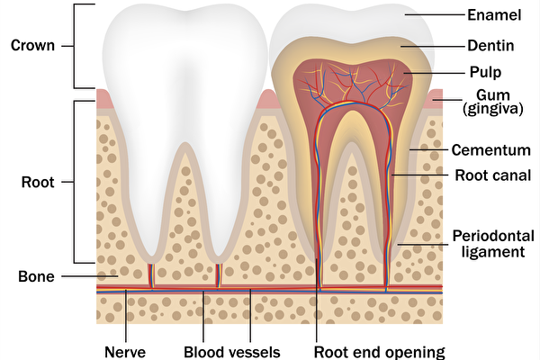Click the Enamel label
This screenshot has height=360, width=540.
(x=493, y=14)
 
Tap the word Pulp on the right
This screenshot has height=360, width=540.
(x=484, y=70)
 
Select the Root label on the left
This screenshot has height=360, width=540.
(x=37, y=181)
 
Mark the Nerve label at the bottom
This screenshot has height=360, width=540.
(x=125, y=351)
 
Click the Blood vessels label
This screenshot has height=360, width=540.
(x=232, y=351)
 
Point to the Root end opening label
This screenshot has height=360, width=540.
(x=380, y=351)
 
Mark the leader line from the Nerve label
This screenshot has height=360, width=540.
(x=126, y=315)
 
